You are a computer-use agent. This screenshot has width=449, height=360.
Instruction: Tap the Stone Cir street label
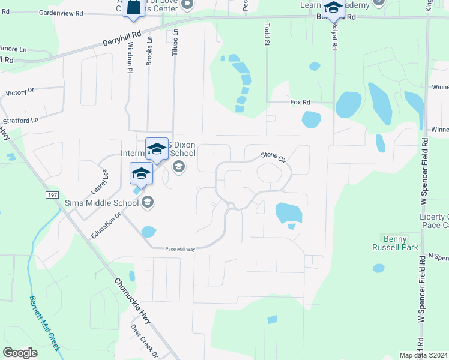click(272, 157)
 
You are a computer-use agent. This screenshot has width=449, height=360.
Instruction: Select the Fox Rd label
click(300, 103)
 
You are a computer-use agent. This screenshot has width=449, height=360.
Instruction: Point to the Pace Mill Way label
click(180, 249)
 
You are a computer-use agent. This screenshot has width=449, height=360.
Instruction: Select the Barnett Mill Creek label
click(44, 323)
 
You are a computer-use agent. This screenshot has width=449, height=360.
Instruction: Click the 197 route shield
click(53, 195)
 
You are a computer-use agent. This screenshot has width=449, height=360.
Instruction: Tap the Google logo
click(20, 353)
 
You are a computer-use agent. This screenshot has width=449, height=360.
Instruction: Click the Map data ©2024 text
click(423, 355)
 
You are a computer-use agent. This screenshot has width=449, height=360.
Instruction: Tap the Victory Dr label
click(21, 93)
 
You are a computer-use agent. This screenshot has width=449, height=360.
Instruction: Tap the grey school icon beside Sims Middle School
click(147, 203)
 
